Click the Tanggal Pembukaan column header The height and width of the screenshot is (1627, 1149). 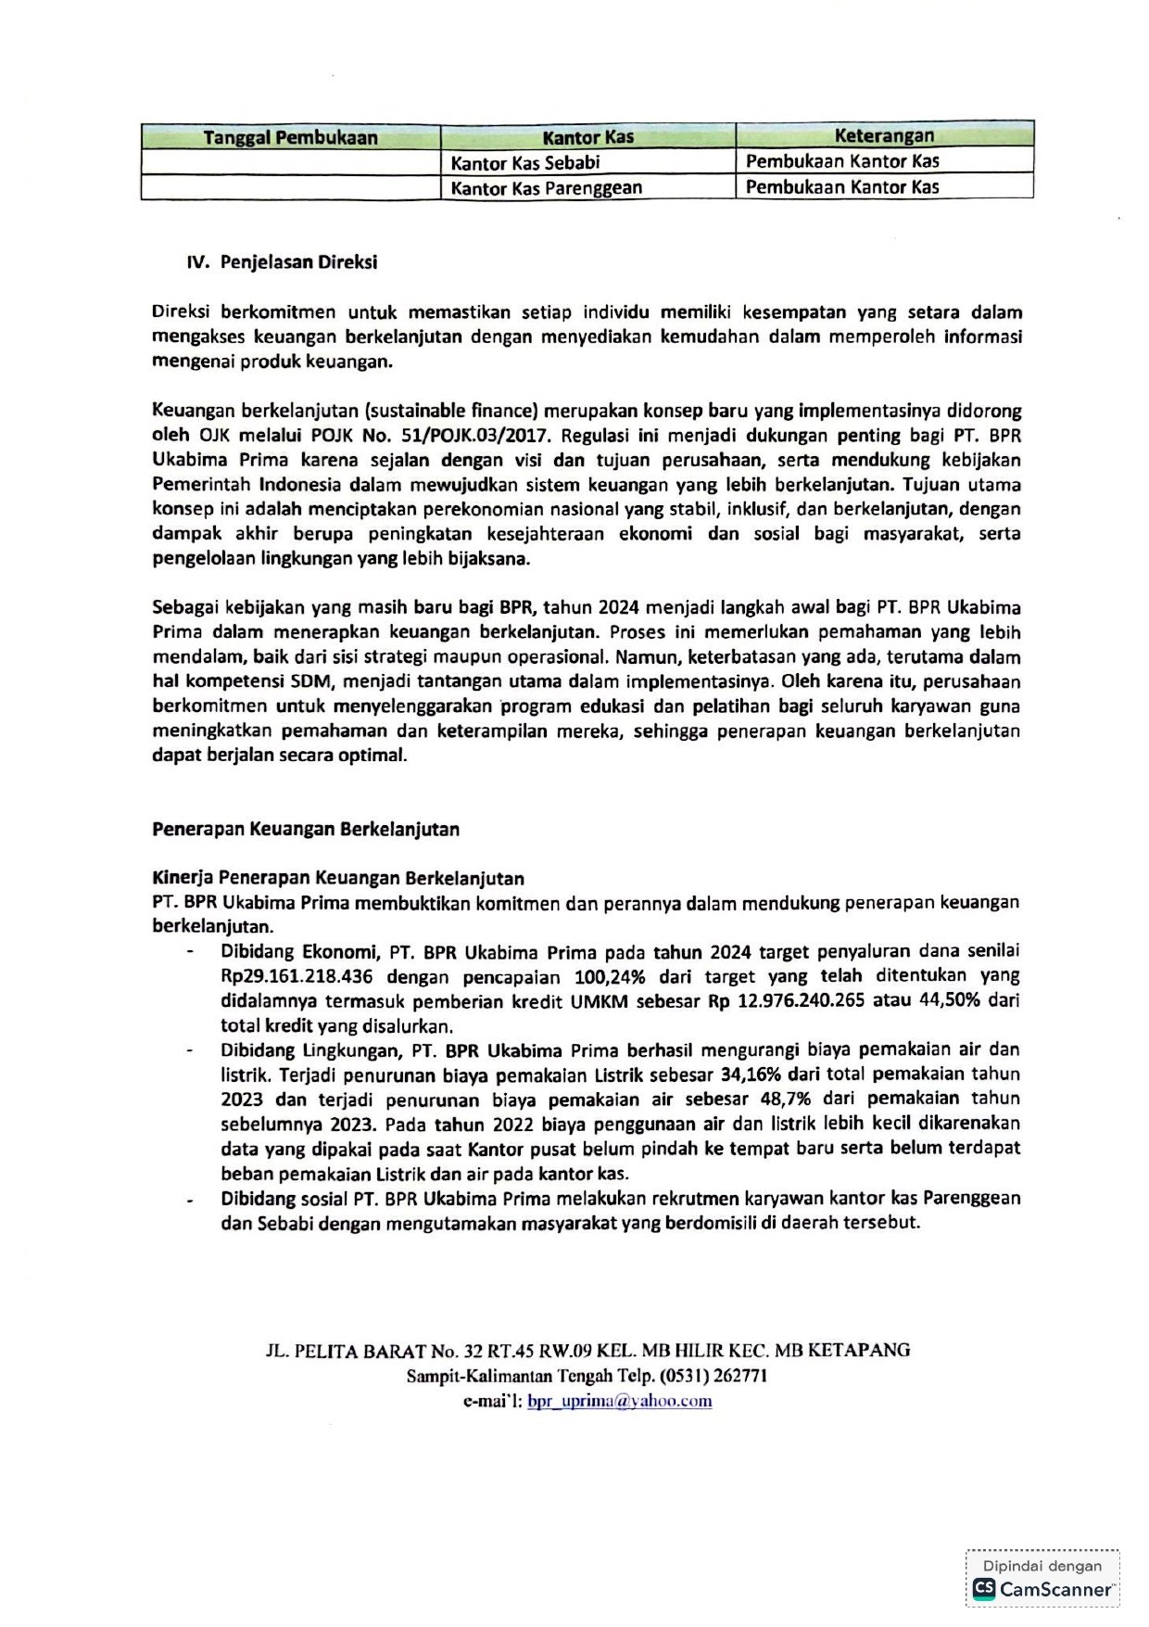(x=290, y=138)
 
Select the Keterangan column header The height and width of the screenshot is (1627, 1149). (x=884, y=136)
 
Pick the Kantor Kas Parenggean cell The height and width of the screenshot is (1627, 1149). (x=546, y=187)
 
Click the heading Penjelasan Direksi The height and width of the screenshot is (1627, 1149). (x=298, y=262)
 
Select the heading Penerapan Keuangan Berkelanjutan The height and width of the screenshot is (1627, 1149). (x=306, y=829)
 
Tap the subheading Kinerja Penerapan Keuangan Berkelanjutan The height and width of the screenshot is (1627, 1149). (x=338, y=878)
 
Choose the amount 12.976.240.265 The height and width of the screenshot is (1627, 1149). (x=814, y=1001)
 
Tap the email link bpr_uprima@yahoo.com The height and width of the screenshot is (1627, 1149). (x=619, y=1401)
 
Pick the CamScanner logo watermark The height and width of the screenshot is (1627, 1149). (x=1043, y=1589)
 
